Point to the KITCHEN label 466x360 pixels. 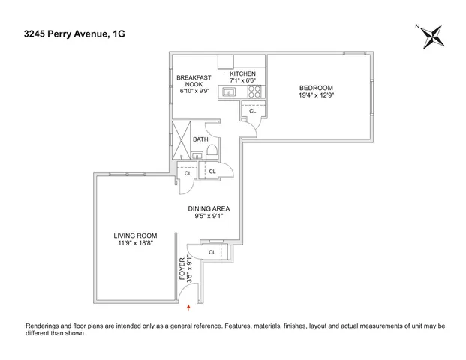pyautogui.click(x=243, y=73)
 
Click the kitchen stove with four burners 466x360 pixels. pyautogui.click(x=254, y=92)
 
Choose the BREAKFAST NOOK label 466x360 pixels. pyautogui.click(x=194, y=82)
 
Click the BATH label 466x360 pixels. pyautogui.click(x=201, y=139)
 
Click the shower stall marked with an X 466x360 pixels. pyautogui.click(x=181, y=139)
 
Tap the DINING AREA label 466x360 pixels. pyautogui.click(x=209, y=208)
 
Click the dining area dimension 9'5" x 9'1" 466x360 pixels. pyautogui.click(x=209, y=217)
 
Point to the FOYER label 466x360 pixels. pyautogui.click(x=182, y=268)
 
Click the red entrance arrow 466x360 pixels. pyautogui.click(x=188, y=307)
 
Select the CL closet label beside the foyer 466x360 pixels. pyautogui.click(x=212, y=252)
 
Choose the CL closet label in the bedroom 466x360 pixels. pyautogui.click(x=252, y=111)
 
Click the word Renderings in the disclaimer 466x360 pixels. pyautogui.click(x=46, y=326)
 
